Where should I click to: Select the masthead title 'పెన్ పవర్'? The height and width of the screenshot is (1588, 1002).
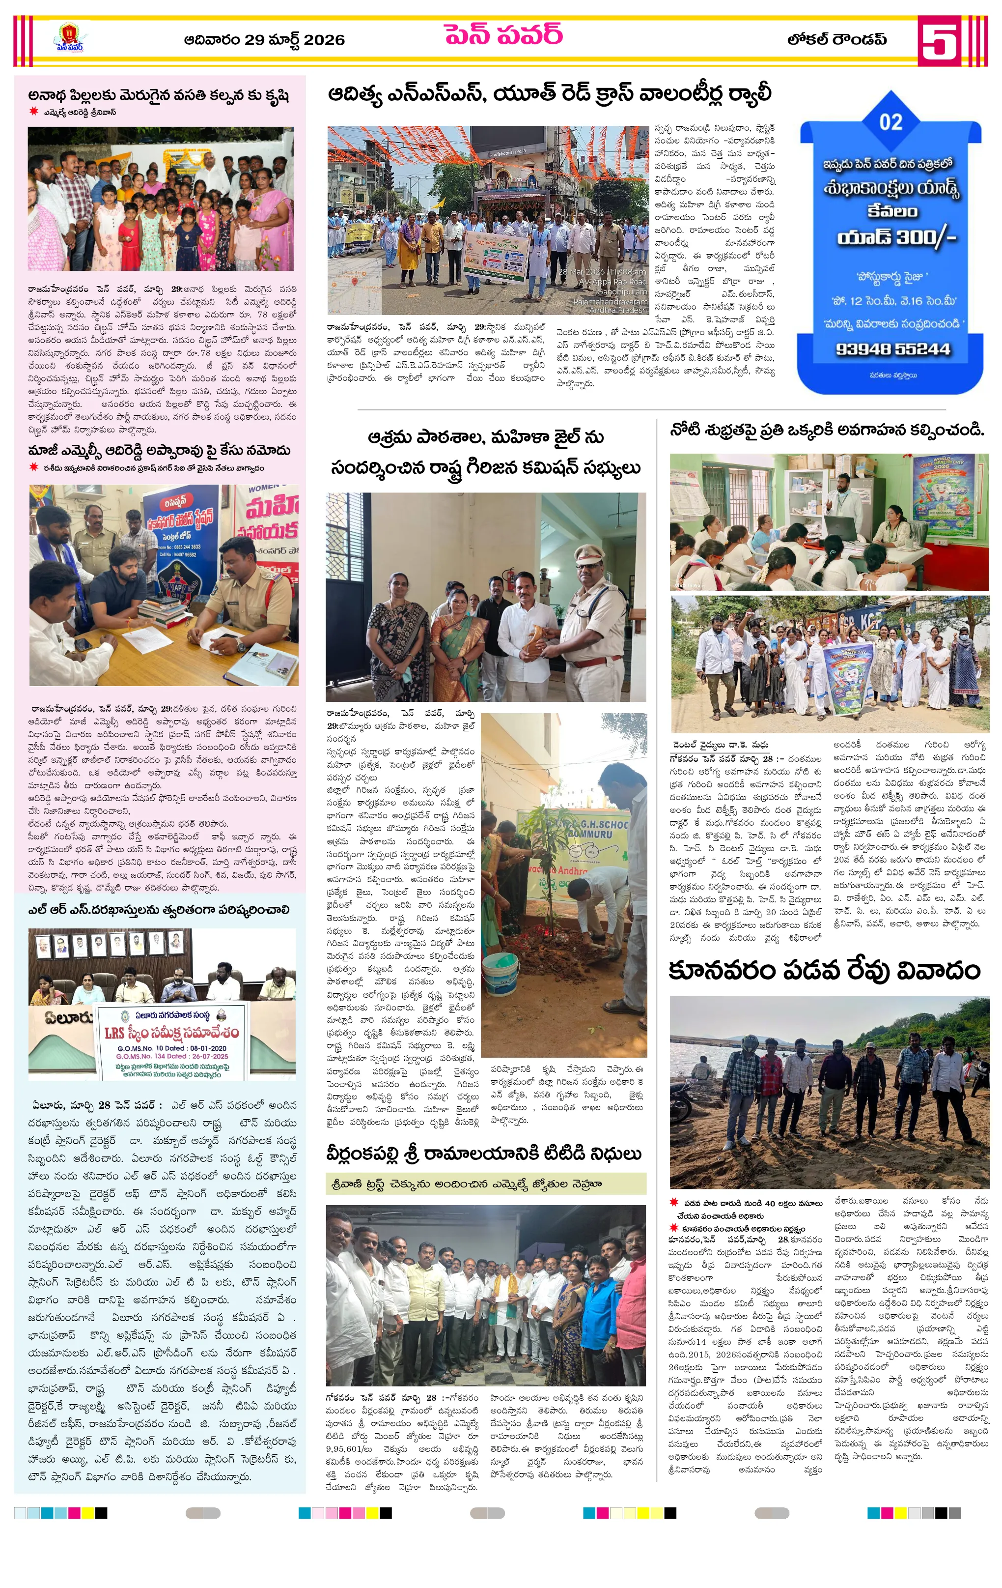(x=503, y=34)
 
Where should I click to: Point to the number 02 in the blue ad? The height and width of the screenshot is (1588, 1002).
(x=891, y=122)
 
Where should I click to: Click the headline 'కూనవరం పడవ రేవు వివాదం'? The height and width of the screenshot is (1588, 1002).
(x=824, y=971)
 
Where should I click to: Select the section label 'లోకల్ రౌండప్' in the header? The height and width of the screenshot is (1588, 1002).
(x=836, y=40)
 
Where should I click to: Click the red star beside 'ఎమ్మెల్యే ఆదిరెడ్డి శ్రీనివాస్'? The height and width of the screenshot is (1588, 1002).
(x=33, y=112)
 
